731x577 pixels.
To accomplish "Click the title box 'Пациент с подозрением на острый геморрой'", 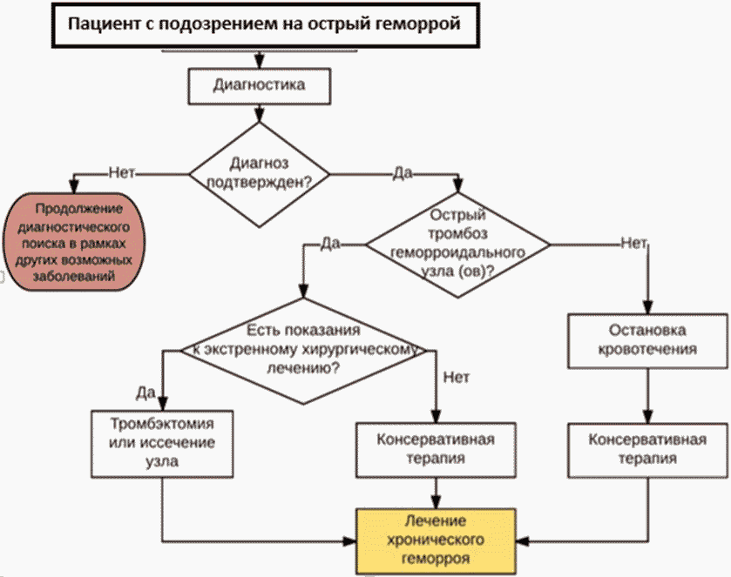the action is [x=265, y=24].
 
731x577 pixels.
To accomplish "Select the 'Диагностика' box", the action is [x=260, y=86].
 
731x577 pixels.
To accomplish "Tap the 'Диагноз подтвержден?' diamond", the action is [x=260, y=174].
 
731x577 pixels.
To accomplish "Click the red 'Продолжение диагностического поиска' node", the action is [x=74, y=242].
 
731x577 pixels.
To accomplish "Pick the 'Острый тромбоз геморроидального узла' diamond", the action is [x=457, y=245].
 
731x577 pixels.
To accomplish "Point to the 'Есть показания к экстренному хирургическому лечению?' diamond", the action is [x=303, y=350].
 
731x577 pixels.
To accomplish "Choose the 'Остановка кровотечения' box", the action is [x=647, y=341].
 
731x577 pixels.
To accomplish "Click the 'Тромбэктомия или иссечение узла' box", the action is [x=162, y=444].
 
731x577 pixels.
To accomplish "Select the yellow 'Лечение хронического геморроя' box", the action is [x=436, y=541].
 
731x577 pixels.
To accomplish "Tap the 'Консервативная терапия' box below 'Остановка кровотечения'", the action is [x=647, y=450].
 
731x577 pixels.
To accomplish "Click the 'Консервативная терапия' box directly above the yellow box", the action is [x=436, y=450].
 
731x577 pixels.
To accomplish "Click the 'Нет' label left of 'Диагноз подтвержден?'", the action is [x=122, y=173].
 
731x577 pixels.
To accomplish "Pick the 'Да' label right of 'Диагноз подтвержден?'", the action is [x=403, y=173].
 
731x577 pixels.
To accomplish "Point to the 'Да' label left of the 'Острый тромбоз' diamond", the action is [x=330, y=244].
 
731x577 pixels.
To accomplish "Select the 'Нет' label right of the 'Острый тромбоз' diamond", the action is [x=633, y=243].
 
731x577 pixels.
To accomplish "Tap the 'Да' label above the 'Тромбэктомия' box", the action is [x=146, y=392].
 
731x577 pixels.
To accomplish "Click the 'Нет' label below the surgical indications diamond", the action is [x=457, y=377].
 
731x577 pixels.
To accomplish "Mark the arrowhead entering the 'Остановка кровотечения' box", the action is [x=647, y=307].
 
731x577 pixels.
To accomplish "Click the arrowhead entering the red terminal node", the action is [x=74, y=186].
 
